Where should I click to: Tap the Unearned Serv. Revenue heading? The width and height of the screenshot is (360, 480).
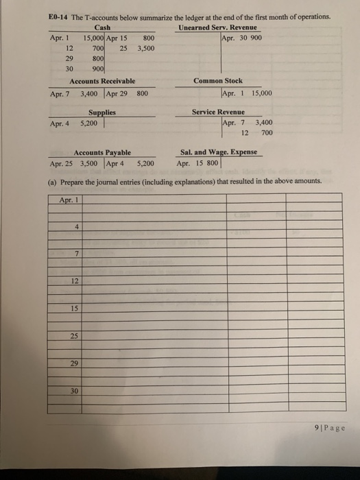tap(218, 27)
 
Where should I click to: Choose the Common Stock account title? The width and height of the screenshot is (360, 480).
tap(217, 81)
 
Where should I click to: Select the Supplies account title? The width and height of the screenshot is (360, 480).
tap(102, 111)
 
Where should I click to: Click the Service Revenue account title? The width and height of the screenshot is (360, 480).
tap(219, 111)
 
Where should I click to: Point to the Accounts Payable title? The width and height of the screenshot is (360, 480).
tap(102, 153)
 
